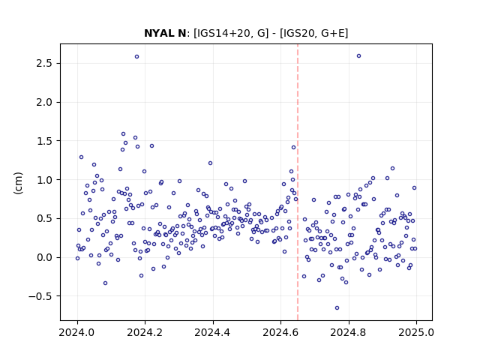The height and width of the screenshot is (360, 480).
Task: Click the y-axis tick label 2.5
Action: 45,63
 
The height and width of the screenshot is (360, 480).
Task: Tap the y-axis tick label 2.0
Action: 45,102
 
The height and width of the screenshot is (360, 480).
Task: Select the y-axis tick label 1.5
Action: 45,141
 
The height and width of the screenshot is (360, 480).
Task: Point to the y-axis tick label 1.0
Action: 45,180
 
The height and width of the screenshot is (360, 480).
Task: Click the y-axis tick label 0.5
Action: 45,218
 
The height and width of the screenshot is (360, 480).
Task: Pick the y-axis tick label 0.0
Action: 45,257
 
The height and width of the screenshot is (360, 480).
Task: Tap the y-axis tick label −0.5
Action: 41,296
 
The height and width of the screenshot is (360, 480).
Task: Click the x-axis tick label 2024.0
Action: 77,332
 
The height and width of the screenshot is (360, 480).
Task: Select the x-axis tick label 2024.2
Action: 145,332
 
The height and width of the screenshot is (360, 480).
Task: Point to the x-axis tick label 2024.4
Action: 213,332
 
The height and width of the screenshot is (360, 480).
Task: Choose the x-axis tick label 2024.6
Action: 280,332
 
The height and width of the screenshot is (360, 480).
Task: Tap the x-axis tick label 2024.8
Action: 348,332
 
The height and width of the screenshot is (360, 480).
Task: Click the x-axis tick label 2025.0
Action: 416,332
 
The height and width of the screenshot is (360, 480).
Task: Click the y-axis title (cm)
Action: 18,183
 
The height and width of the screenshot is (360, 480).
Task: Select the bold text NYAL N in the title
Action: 165,33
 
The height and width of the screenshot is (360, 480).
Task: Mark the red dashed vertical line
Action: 298,182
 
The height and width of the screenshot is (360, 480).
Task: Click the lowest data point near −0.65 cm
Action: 337,308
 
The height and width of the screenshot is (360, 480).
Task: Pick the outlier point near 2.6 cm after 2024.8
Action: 358,56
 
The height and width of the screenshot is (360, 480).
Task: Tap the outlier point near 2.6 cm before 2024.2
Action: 136,57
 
